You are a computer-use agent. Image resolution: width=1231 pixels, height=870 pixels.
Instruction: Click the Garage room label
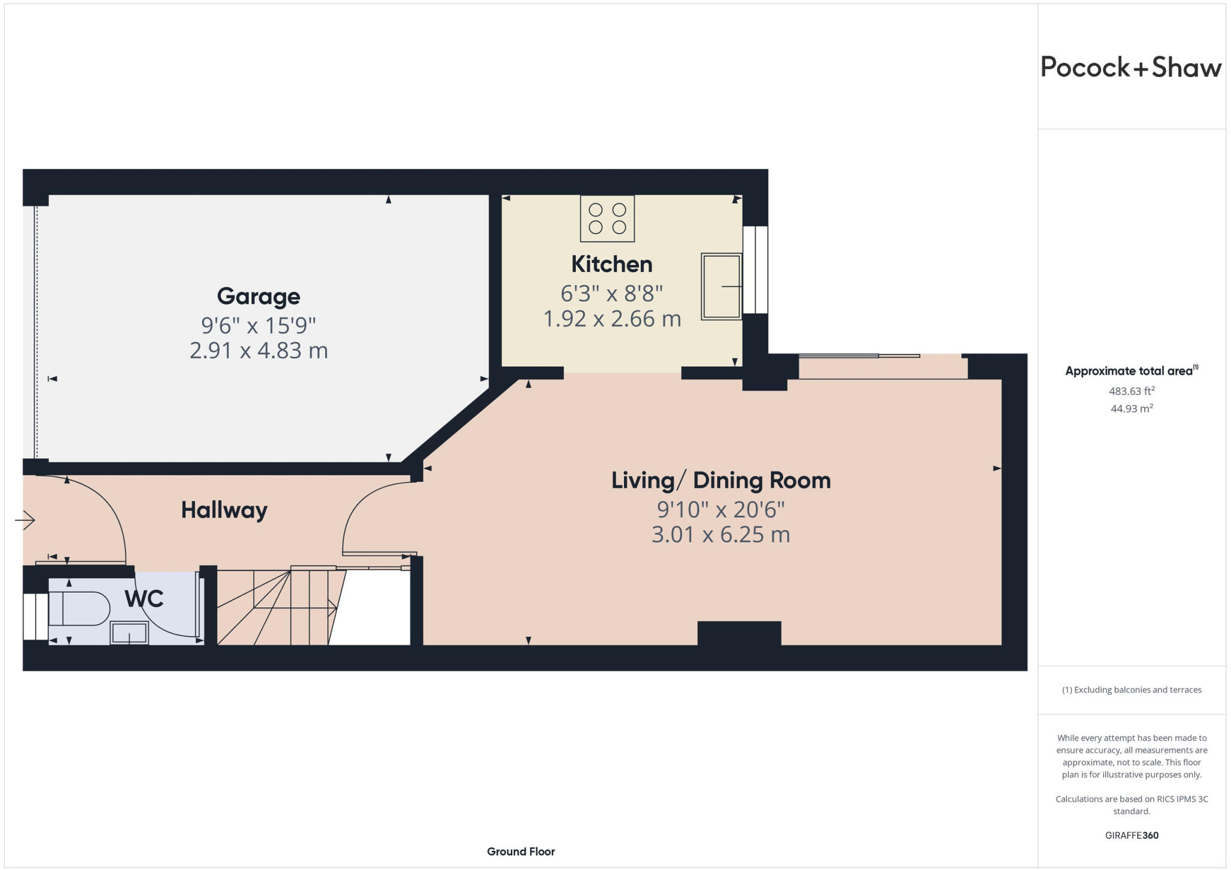pos(258,296)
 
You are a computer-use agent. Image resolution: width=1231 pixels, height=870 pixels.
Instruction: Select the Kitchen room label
pos(611,265)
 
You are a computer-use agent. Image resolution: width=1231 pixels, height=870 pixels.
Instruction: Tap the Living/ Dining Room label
pos(721,480)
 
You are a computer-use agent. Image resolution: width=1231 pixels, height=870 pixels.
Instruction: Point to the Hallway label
pos(224,510)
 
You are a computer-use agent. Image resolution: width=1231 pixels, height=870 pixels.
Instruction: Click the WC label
pos(144,599)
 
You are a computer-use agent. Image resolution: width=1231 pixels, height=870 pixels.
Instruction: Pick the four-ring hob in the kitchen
pos(607,219)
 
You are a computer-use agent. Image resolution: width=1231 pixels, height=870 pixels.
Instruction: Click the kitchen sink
pos(721,286)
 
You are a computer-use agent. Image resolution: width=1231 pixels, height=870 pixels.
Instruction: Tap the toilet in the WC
pos(78,608)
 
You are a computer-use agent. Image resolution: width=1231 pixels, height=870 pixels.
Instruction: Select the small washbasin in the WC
pos(129,633)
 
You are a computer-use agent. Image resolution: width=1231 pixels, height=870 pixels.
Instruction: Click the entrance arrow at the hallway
pos(25,520)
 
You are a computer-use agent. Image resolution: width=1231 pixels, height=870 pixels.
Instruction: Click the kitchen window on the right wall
pos(755,270)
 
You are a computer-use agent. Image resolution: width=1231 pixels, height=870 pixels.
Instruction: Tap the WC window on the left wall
pos(35,616)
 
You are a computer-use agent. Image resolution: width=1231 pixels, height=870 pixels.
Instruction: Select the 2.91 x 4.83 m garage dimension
pos(258,351)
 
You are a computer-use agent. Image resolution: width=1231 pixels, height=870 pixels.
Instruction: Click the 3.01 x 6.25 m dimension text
pos(721,535)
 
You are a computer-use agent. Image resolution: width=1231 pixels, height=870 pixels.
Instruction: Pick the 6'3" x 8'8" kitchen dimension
pos(611,294)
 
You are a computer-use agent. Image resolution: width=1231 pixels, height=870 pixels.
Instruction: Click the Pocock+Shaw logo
pos(1131,67)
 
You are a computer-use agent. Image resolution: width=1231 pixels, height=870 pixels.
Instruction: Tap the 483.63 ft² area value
pos(1131,391)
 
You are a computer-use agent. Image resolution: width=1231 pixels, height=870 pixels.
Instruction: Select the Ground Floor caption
pos(521,851)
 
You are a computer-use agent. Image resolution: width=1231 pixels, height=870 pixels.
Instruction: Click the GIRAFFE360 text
pos(1131,835)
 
